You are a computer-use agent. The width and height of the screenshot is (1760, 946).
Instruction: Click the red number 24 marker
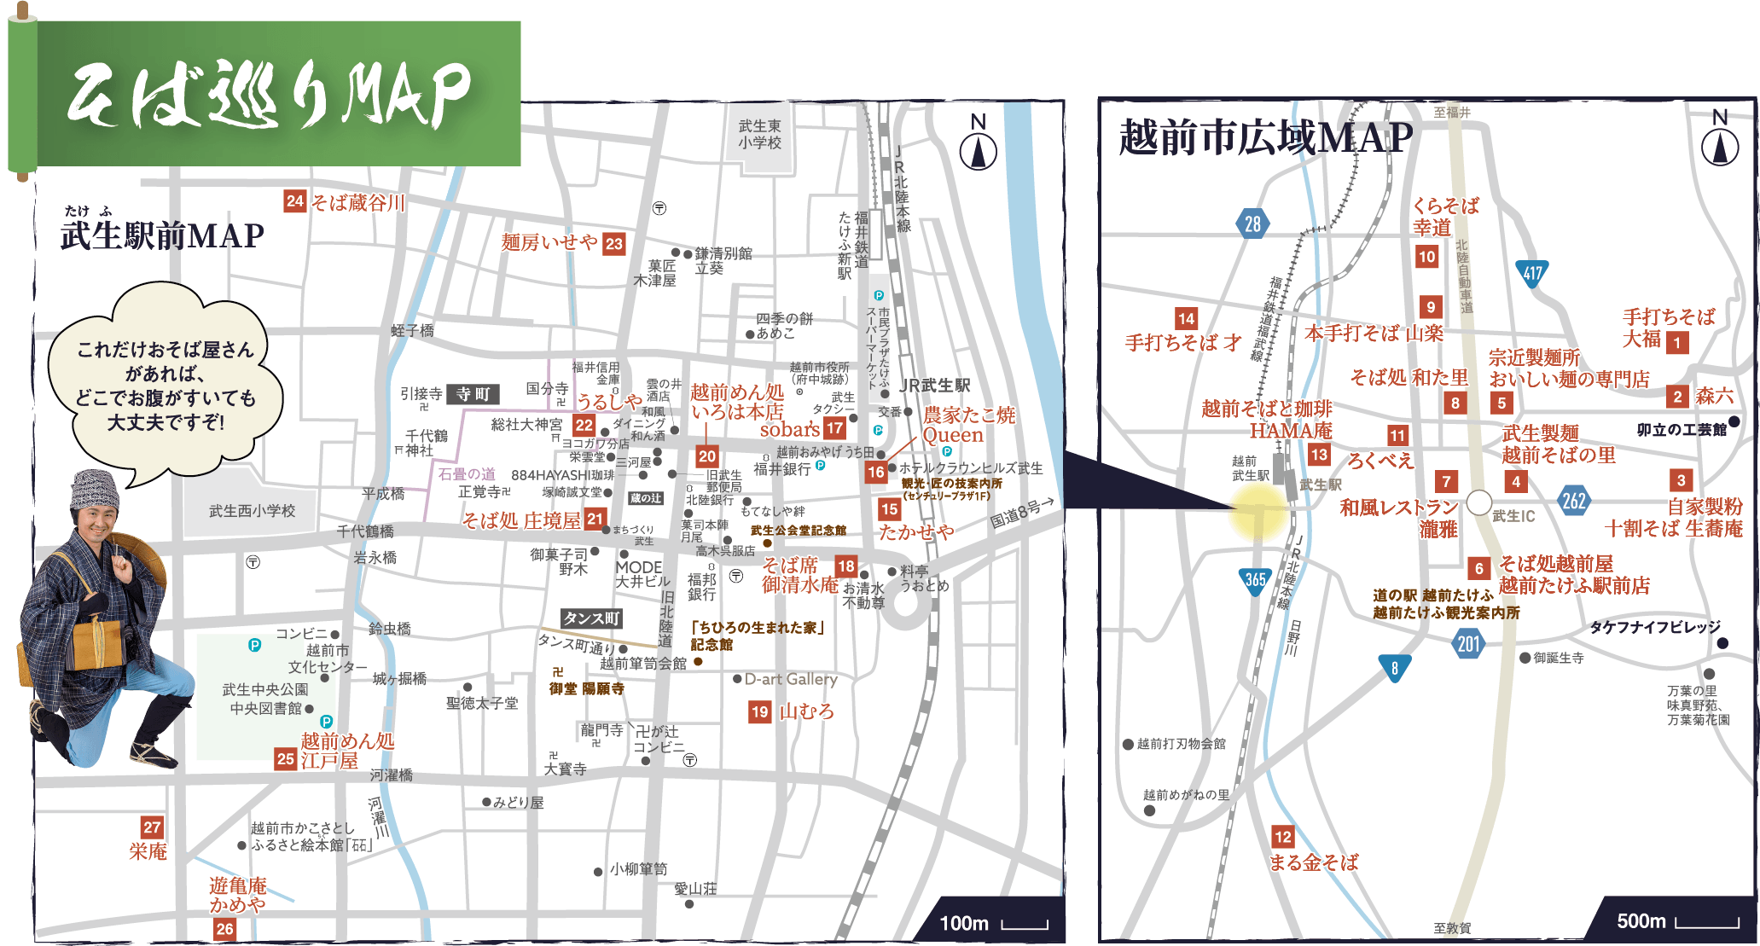294,201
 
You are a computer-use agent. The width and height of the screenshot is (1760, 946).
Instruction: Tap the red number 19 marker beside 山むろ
759,712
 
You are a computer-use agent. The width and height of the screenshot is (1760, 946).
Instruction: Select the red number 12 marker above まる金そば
1282,836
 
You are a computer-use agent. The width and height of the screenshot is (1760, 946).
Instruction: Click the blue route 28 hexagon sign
1252,224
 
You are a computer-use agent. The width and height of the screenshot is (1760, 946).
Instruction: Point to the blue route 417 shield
1533,273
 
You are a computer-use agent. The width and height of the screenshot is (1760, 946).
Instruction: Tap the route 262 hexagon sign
1573,501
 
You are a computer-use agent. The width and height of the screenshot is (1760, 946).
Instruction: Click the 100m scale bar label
963,923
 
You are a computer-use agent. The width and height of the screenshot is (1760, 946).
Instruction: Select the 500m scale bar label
1641,921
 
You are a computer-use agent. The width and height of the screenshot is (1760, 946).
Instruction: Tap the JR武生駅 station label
934,386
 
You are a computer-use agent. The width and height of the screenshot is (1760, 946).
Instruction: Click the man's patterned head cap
96,490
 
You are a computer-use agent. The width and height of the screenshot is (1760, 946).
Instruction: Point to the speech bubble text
166,386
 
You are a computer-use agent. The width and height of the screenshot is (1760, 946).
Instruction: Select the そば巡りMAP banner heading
269,95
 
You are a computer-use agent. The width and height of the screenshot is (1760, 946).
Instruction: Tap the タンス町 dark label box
590,618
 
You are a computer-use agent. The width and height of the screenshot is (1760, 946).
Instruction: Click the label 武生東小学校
759,134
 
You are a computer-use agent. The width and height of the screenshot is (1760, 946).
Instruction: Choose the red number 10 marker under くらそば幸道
1426,256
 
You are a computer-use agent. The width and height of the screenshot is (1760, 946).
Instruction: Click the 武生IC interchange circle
1478,502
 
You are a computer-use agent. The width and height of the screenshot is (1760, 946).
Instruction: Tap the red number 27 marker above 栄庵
152,827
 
